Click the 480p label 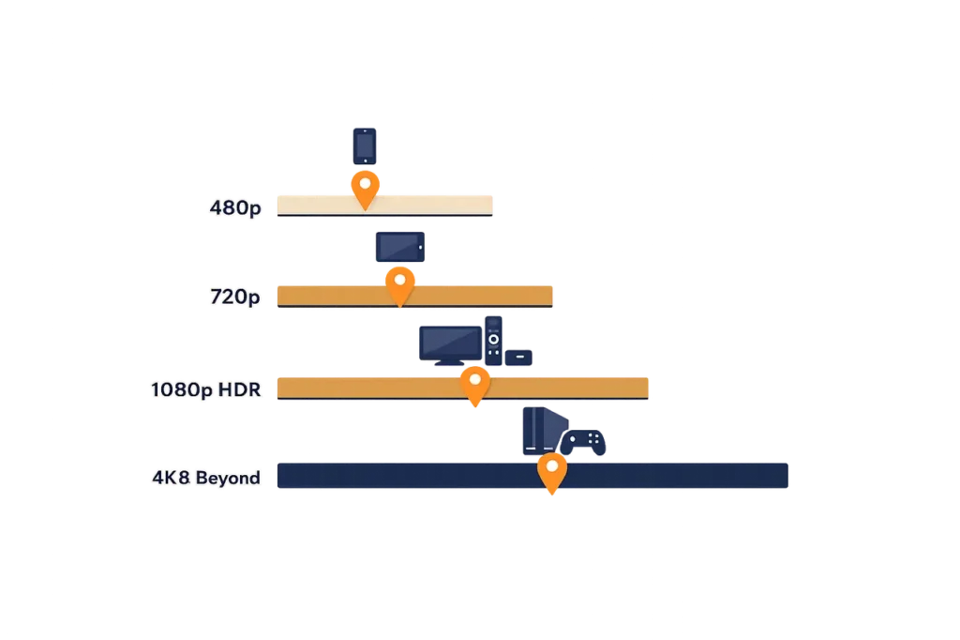235,208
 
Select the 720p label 235,297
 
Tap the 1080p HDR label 205,389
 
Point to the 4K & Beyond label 206,478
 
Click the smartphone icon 365,145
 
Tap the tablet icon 399,247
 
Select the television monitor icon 451,345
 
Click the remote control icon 493,341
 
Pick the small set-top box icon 518,358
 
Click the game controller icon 583,442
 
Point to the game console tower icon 544,431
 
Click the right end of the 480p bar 491,206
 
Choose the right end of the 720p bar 551,297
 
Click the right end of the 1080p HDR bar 647,389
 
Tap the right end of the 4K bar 787,476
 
